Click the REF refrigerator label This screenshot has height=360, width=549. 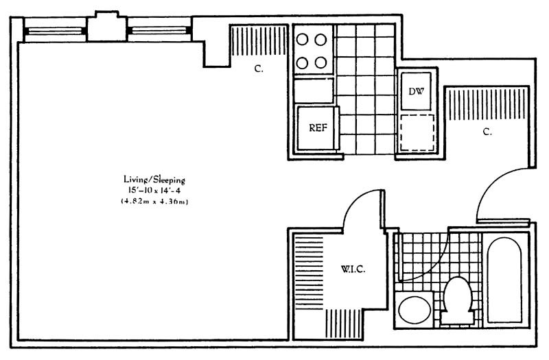[x=318, y=128]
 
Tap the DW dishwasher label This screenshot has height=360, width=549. [x=417, y=92]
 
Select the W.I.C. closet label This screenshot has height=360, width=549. [x=353, y=269]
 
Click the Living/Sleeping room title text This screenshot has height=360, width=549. [x=154, y=180]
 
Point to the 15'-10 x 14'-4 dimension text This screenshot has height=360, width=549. [x=154, y=191]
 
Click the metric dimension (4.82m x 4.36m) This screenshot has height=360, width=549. [x=155, y=201]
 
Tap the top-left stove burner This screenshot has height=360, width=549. [x=302, y=40]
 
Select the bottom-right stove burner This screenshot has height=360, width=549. [x=320, y=63]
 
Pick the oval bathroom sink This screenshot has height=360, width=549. [x=414, y=310]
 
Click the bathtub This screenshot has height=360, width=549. [x=504, y=280]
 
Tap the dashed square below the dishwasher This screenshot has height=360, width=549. [x=417, y=132]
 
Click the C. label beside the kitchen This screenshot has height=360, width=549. [x=259, y=69]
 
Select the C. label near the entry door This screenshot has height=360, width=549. [x=487, y=132]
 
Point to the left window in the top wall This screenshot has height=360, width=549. [x=55, y=31]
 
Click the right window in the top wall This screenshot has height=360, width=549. [x=159, y=31]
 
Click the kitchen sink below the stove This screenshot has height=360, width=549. [x=314, y=91]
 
